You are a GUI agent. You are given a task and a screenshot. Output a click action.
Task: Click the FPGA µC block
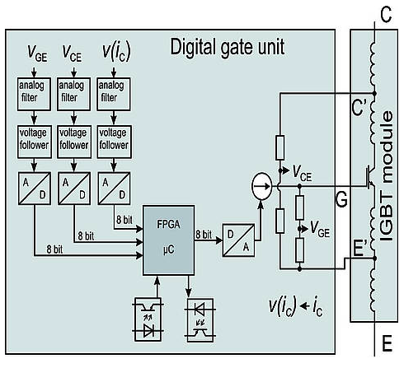click(169, 240)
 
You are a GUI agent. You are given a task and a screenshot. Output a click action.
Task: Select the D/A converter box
click(238, 240)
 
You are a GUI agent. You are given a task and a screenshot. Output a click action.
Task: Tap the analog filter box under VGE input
click(34, 94)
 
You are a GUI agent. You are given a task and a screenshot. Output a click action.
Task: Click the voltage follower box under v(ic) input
click(114, 142)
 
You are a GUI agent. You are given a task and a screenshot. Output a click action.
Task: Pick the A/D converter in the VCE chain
click(74, 189)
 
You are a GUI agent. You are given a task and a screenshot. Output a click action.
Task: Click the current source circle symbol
click(262, 186)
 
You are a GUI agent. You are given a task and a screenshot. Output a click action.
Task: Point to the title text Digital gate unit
click(228, 48)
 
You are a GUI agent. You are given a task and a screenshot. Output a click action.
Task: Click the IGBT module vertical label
click(387, 176)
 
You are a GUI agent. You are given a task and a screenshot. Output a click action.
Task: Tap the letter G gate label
click(341, 199)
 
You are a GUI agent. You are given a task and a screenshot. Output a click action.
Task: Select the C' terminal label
click(359, 107)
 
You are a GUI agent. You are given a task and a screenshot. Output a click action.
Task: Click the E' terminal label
click(359, 249)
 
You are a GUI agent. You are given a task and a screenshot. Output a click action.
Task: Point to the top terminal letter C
click(386, 15)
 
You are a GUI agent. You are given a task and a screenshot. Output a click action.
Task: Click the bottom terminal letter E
click(387, 343)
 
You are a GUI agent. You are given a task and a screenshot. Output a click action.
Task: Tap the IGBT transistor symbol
click(370, 178)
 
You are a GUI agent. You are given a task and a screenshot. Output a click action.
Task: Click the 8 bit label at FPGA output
click(204, 235)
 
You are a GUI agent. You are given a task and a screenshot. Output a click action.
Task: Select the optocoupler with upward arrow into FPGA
click(148, 319)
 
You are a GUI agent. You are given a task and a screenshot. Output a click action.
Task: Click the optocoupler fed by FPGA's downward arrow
click(200, 320)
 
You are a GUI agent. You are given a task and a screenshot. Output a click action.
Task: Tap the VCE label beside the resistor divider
click(302, 174)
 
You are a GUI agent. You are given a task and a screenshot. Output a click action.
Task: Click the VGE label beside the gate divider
click(320, 229)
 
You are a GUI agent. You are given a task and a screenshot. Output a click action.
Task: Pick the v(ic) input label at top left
click(116, 51)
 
